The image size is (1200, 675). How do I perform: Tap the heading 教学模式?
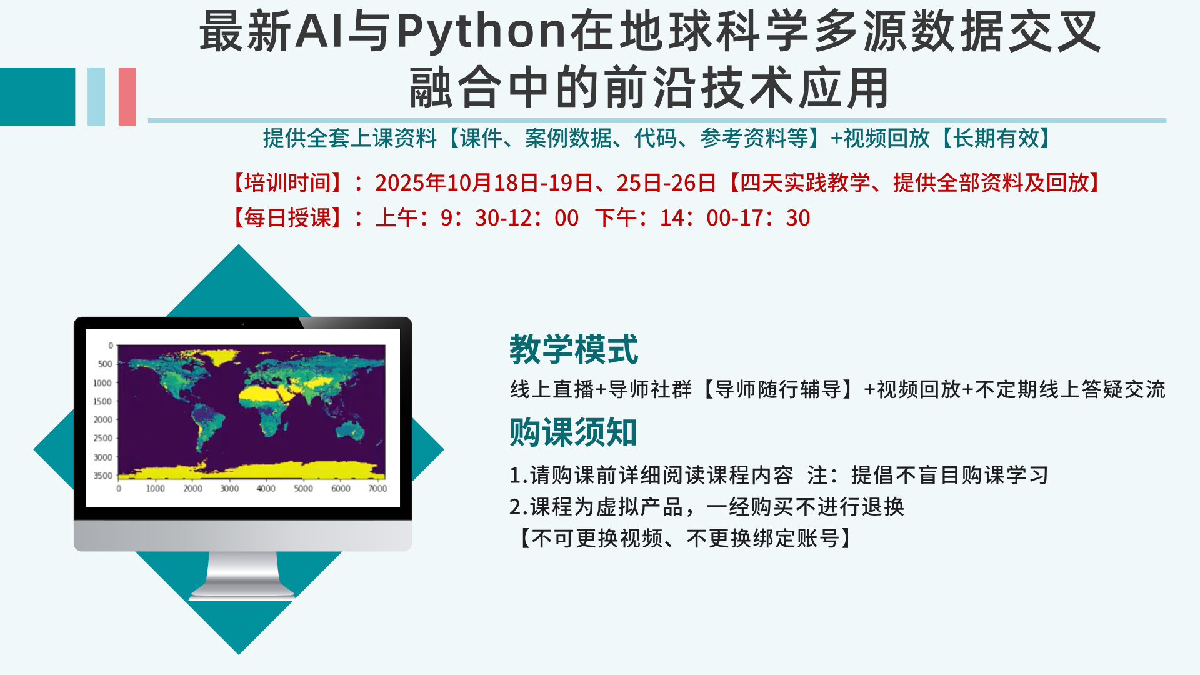[x=574, y=349]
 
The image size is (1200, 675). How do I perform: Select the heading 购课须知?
[x=573, y=432]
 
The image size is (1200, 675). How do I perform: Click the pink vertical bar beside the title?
[x=127, y=97]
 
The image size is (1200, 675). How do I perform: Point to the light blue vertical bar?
[x=96, y=97]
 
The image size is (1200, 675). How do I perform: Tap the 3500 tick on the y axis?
[x=103, y=476]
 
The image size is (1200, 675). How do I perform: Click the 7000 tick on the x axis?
[x=377, y=488]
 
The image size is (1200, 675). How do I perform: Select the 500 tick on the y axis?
[x=105, y=364]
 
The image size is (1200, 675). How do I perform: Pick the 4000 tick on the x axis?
[x=266, y=488]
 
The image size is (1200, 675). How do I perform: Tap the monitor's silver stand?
[x=242, y=575]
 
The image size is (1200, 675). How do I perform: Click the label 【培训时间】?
[x=287, y=182]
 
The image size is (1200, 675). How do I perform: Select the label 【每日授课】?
[x=287, y=217]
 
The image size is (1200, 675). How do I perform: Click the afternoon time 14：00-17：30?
[x=735, y=217]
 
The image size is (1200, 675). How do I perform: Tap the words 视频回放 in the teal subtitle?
[x=887, y=137]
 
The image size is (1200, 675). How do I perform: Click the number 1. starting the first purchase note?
[x=519, y=476]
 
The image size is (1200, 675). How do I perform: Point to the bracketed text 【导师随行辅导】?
[x=777, y=389]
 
